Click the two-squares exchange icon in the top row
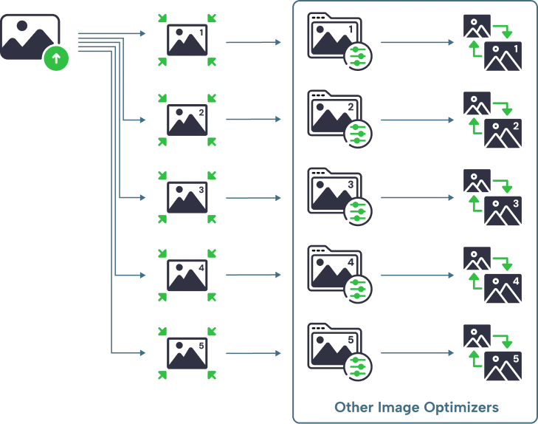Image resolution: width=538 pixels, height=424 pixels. pos(492,41)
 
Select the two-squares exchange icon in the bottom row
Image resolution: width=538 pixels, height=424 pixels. pos(492,353)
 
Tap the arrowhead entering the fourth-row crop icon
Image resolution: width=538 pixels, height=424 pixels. pos(142,276)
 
